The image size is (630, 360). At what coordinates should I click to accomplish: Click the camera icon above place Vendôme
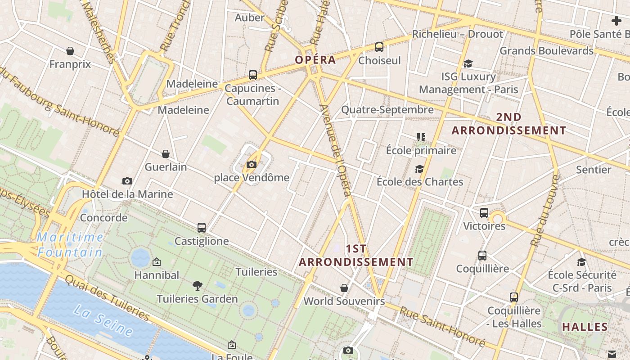pyautogui.click(x=252, y=165)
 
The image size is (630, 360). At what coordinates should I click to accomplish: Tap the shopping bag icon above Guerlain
pyautogui.click(x=166, y=154)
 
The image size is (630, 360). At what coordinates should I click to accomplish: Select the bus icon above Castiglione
pyautogui.click(x=202, y=228)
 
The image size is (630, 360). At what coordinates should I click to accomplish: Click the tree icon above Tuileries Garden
pyautogui.click(x=197, y=285)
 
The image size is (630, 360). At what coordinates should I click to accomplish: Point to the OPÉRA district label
pyautogui.click(x=315, y=60)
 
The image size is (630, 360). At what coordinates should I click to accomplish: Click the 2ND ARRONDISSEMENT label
pyautogui.click(x=509, y=124)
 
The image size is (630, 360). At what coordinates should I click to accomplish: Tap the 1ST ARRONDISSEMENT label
pyautogui.click(x=356, y=255)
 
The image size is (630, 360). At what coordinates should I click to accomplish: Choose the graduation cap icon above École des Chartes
pyautogui.click(x=419, y=169)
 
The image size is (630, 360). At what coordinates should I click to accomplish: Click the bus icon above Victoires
pyautogui.click(x=484, y=212)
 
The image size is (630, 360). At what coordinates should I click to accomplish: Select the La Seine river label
pyautogui.click(x=103, y=320)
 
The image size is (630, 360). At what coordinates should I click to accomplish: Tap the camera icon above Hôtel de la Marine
pyautogui.click(x=127, y=181)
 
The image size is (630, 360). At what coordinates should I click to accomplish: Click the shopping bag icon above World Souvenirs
pyautogui.click(x=344, y=288)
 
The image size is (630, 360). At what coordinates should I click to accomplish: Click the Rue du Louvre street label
pyautogui.click(x=545, y=210)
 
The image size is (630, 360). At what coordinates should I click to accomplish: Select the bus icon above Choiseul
pyautogui.click(x=379, y=47)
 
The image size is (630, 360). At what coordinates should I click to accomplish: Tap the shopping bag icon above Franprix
pyautogui.click(x=70, y=51)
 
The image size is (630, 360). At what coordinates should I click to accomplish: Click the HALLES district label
pyautogui.click(x=585, y=327)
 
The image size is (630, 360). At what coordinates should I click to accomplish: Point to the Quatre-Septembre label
pyautogui.click(x=387, y=109)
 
